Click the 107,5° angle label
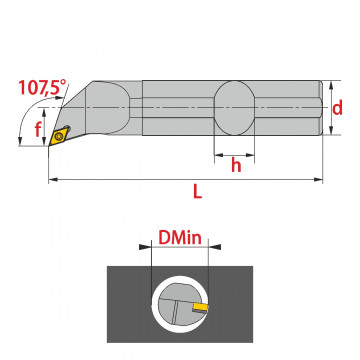pos(42,87)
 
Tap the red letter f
pos(38,129)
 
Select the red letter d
pos(337,108)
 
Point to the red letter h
pos(236,165)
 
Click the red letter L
pos(197,191)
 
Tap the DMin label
pos(180,238)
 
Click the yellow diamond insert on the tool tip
pos(58,136)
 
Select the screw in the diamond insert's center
pos(59,136)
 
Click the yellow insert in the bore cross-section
pos(200,307)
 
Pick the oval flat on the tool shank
pos(234,108)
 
